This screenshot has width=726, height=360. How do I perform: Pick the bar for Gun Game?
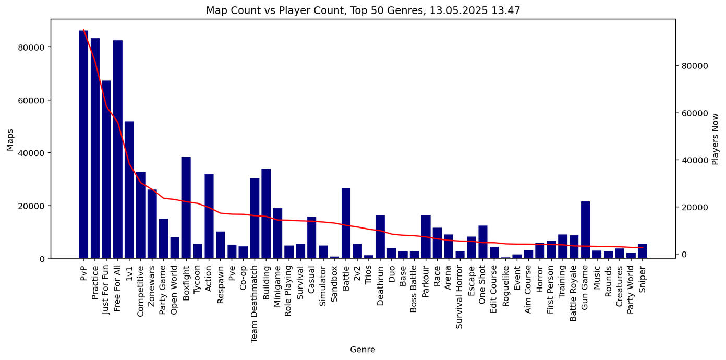click(585, 230)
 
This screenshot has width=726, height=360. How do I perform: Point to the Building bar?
click(266, 213)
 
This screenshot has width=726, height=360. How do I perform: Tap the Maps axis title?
click(10, 140)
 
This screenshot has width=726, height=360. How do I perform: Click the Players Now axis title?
click(716, 139)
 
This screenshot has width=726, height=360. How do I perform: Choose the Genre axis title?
click(362, 350)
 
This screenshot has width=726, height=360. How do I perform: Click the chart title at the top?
click(362, 10)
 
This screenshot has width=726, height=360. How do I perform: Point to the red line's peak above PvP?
click(83, 30)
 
